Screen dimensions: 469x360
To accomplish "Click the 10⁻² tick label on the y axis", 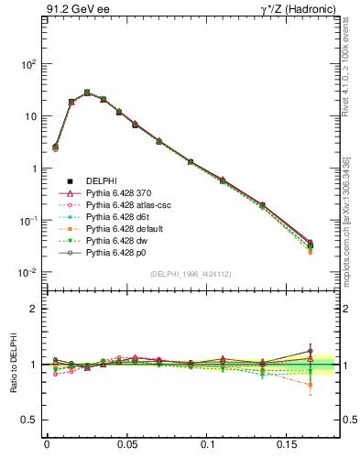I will click(27, 273).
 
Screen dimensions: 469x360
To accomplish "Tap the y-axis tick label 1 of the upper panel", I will click(33, 169).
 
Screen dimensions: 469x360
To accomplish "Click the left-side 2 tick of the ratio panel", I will click(34, 309).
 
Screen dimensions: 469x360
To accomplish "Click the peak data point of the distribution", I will click(87, 93).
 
